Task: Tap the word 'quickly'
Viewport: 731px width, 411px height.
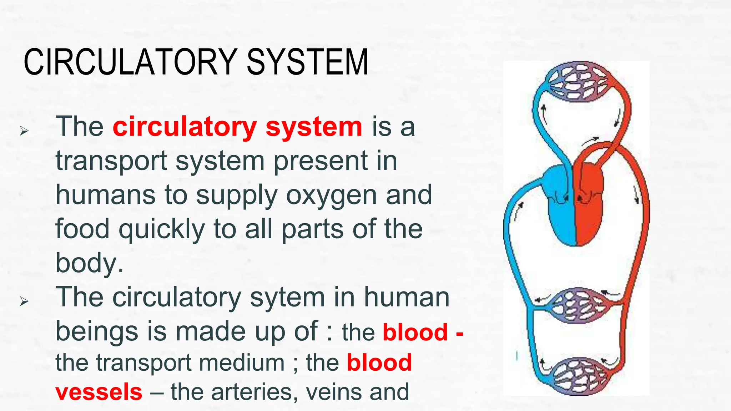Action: pos(162,229)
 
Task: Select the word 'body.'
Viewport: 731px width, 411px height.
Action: pos(90,263)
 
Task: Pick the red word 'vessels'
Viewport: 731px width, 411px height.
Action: pos(99,392)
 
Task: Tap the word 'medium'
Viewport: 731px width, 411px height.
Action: pos(242,362)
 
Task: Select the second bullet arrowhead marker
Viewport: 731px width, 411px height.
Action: pos(24,301)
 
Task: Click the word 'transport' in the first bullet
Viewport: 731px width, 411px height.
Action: pos(111,161)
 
